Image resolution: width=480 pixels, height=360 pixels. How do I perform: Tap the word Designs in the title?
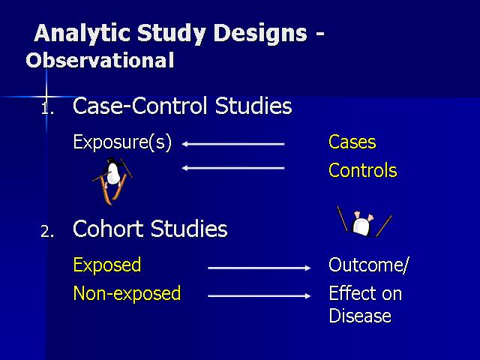click(x=260, y=34)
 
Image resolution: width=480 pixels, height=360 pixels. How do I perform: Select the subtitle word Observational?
click(x=100, y=60)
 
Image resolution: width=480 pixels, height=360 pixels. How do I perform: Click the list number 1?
click(x=47, y=109)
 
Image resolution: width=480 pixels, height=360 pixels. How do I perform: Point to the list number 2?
click(x=47, y=232)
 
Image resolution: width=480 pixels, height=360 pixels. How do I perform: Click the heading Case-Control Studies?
click(x=182, y=106)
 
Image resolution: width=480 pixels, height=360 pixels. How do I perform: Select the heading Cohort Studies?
click(x=150, y=229)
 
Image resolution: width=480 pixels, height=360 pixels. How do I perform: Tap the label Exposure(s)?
click(x=122, y=142)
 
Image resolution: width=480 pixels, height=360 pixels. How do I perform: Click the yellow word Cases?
click(x=352, y=142)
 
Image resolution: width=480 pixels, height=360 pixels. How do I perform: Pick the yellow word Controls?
click(x=363, y=170)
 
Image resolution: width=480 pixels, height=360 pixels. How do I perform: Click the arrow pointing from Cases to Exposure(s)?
click(x=233, y=144)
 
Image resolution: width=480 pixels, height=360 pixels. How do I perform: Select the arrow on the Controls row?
click(x=233, y=168)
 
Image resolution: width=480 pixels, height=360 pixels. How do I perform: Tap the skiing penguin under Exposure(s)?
click(x=112, y=181)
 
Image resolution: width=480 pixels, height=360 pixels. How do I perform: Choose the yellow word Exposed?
click(x=107, y=265)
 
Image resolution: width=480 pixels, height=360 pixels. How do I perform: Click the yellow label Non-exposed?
click(x=127, y=293)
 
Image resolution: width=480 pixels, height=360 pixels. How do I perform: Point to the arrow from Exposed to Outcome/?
click(x=259, y=268)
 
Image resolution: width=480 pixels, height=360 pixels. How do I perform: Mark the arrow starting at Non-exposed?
click(x=259, y=296)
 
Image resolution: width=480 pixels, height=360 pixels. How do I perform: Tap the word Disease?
click(x=360, y=316)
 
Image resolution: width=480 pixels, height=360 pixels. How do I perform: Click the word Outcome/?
click(x=368, y=265)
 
